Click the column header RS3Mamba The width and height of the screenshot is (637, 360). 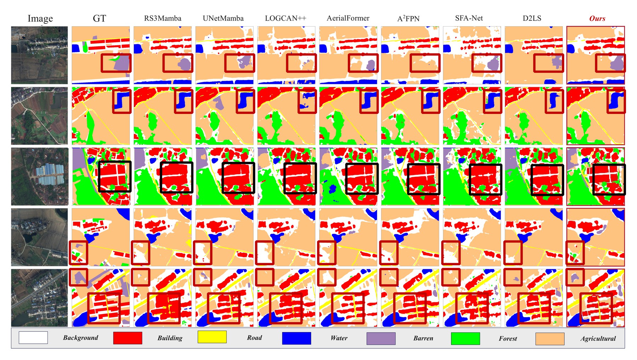pyautogui.click(x=162, y=18)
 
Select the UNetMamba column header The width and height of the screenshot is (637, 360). pyautogui.click(x=223, y=18)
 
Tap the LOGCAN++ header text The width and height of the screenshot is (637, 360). pyautogui.click(x=285, y=18)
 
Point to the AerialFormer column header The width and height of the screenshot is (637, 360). pyautogui.click(x=348, y=18)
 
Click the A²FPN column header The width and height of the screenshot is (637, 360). pyautogui.click(x=408, y=18)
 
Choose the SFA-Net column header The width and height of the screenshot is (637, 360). pyautogui.click(x=469, y=18)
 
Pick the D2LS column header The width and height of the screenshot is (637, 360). pyautogui.click(x=532, y=18)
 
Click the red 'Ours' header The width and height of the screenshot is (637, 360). pyautogui.click(x=597, y=18)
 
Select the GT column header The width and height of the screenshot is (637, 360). pyautogui.click(x=99, y=18)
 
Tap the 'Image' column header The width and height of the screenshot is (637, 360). pyautogui.click(x=40, y=18)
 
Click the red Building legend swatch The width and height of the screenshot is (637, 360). pyautogui.click(x=128, y=338)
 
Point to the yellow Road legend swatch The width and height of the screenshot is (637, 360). pyautogui.click(x=212, y=337)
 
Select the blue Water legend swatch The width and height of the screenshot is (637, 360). pyautogui.click(x=297, y=338)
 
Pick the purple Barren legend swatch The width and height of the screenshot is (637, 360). pyautogui.click(x=381, y=338)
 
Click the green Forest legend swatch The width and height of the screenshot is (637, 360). pyautogui.click(x=465, y=338)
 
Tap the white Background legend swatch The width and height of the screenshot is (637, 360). pyautogui.click(x=33, y=338)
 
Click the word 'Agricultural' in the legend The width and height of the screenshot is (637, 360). pyautogui.click(x=598, y=339)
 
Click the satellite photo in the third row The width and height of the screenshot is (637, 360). pyautogui.click(x=39, y=176)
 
